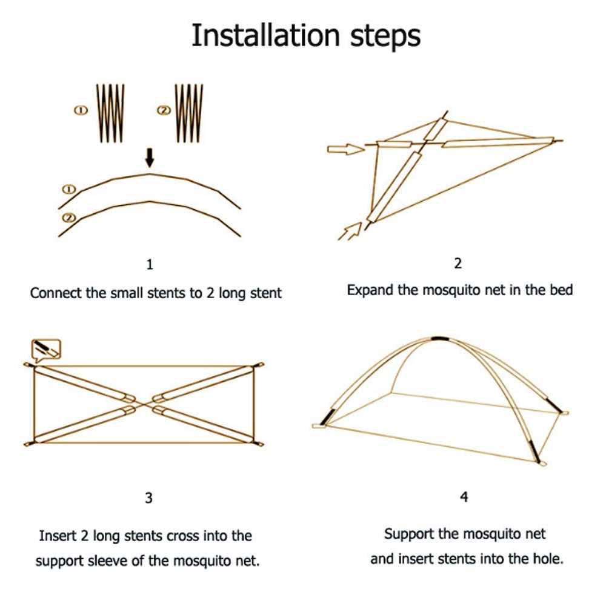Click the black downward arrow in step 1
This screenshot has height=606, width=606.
(150, 159)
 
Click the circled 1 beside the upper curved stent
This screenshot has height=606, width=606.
(68, 190)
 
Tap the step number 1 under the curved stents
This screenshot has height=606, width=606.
(150, 265)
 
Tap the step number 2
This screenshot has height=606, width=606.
(458, 263)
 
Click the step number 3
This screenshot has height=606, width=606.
(148, 498)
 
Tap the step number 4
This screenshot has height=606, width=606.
(464, 498)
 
